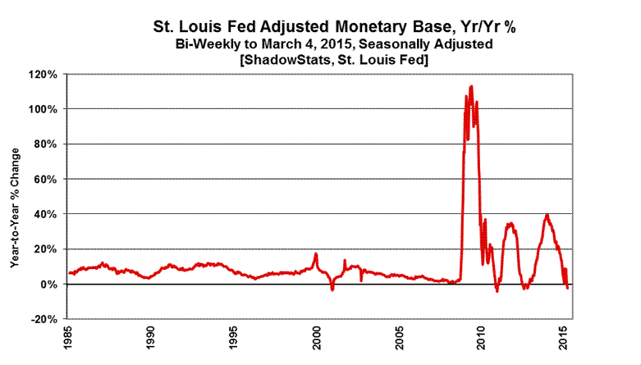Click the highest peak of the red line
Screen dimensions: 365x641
471,85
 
